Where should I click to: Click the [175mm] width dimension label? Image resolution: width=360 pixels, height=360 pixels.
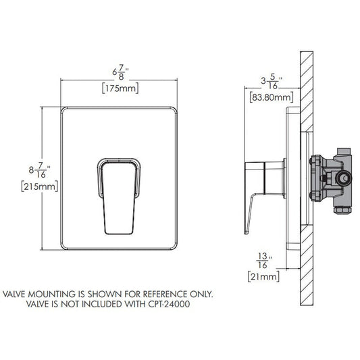[x=120, y=88]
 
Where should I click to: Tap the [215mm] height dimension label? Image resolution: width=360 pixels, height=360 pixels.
[x=39, y=186]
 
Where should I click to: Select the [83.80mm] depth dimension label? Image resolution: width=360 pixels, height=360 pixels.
[x=272, y=97]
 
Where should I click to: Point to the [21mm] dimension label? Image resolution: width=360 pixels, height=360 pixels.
[x=264, y=276]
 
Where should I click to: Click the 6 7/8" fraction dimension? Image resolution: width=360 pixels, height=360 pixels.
[x=120, y=72]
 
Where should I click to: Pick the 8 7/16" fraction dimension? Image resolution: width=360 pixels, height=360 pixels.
[x=39, y=170]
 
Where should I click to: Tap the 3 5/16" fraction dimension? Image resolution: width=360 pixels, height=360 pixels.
[x=272, y=82]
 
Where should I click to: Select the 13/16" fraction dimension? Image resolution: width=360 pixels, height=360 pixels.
[x=264, y=260]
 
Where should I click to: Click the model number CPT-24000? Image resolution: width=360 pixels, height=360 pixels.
[x=169, y=304]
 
